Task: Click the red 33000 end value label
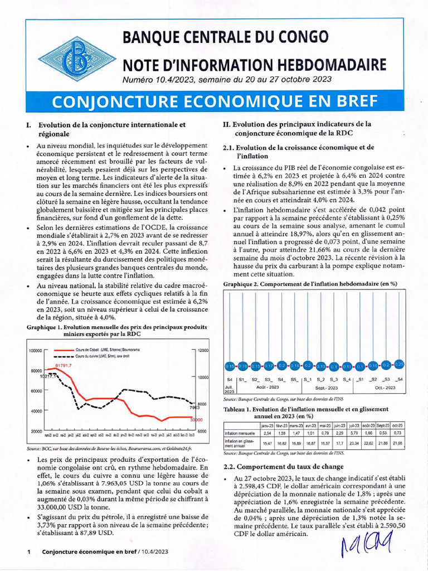pos(195,419)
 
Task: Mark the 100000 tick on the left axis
pos(35,350)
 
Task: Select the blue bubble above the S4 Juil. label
pos(230,366)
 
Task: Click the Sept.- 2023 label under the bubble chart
pos(328,386)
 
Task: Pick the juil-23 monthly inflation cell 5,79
pos(353,433)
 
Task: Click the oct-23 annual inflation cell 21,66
pos(398,442)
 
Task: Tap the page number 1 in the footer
pos(28,552)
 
